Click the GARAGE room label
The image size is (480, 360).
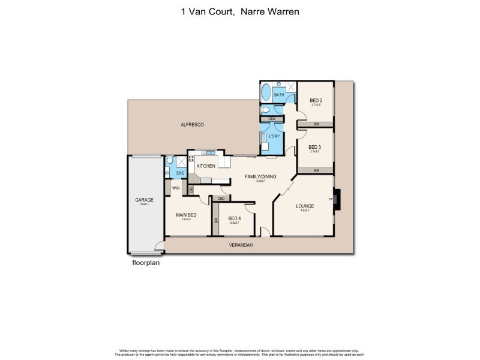[144, 199]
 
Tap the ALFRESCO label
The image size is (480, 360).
[193, 124]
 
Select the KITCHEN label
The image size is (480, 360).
[206, 166]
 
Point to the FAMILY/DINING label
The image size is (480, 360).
[260, 176]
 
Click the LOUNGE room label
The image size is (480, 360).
[305, 206]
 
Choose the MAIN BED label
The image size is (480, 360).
[185, 214]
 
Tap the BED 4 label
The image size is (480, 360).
[234, 218]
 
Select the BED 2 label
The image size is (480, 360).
[316, 100]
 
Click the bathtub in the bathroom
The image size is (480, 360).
[266, 94]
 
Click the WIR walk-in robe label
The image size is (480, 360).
[176, 188]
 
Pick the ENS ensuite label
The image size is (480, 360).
[179, 173]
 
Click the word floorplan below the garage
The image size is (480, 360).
[146, 262]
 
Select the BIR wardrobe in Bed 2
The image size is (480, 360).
[316, 124]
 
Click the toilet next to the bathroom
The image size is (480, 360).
[265, 110]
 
